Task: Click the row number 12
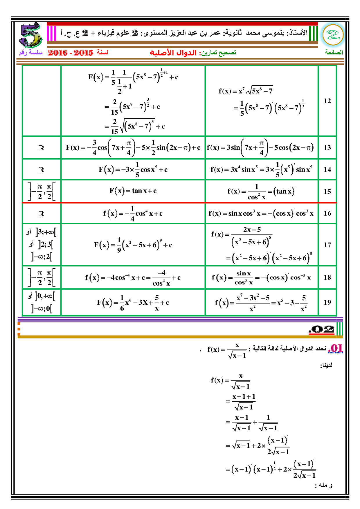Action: [327, 101]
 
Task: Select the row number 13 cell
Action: [327, 148]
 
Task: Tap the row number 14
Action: [327, 169]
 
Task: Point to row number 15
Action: [327, 192]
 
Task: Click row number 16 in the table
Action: [327, 214]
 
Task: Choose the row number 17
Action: [327, 245]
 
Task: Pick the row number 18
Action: [327, 277]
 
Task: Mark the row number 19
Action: [327, 302]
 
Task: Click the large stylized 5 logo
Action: [30, 35]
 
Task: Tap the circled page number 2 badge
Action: [333, 35]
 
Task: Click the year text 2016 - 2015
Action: [71, 53]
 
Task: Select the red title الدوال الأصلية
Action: [173, 53]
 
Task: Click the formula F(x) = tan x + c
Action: [133, 191]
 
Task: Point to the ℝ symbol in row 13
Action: [42, 148]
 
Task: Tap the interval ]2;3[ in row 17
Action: [46, 244]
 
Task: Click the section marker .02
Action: [322, 329]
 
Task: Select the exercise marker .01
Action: [335, 349]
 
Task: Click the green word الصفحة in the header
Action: [334, 53]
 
